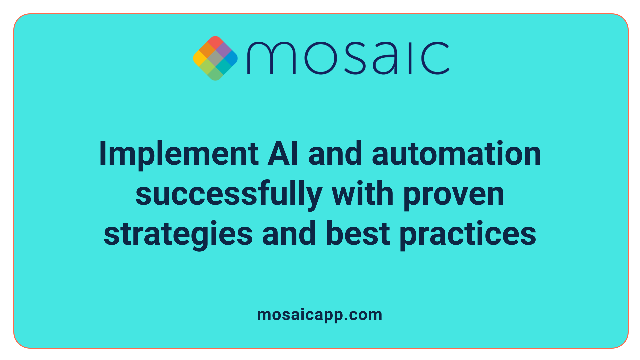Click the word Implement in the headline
tap(179, 154)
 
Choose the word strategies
tap(178, 235)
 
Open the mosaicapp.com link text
tap(320, 315)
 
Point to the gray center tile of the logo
tap(215, 58)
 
